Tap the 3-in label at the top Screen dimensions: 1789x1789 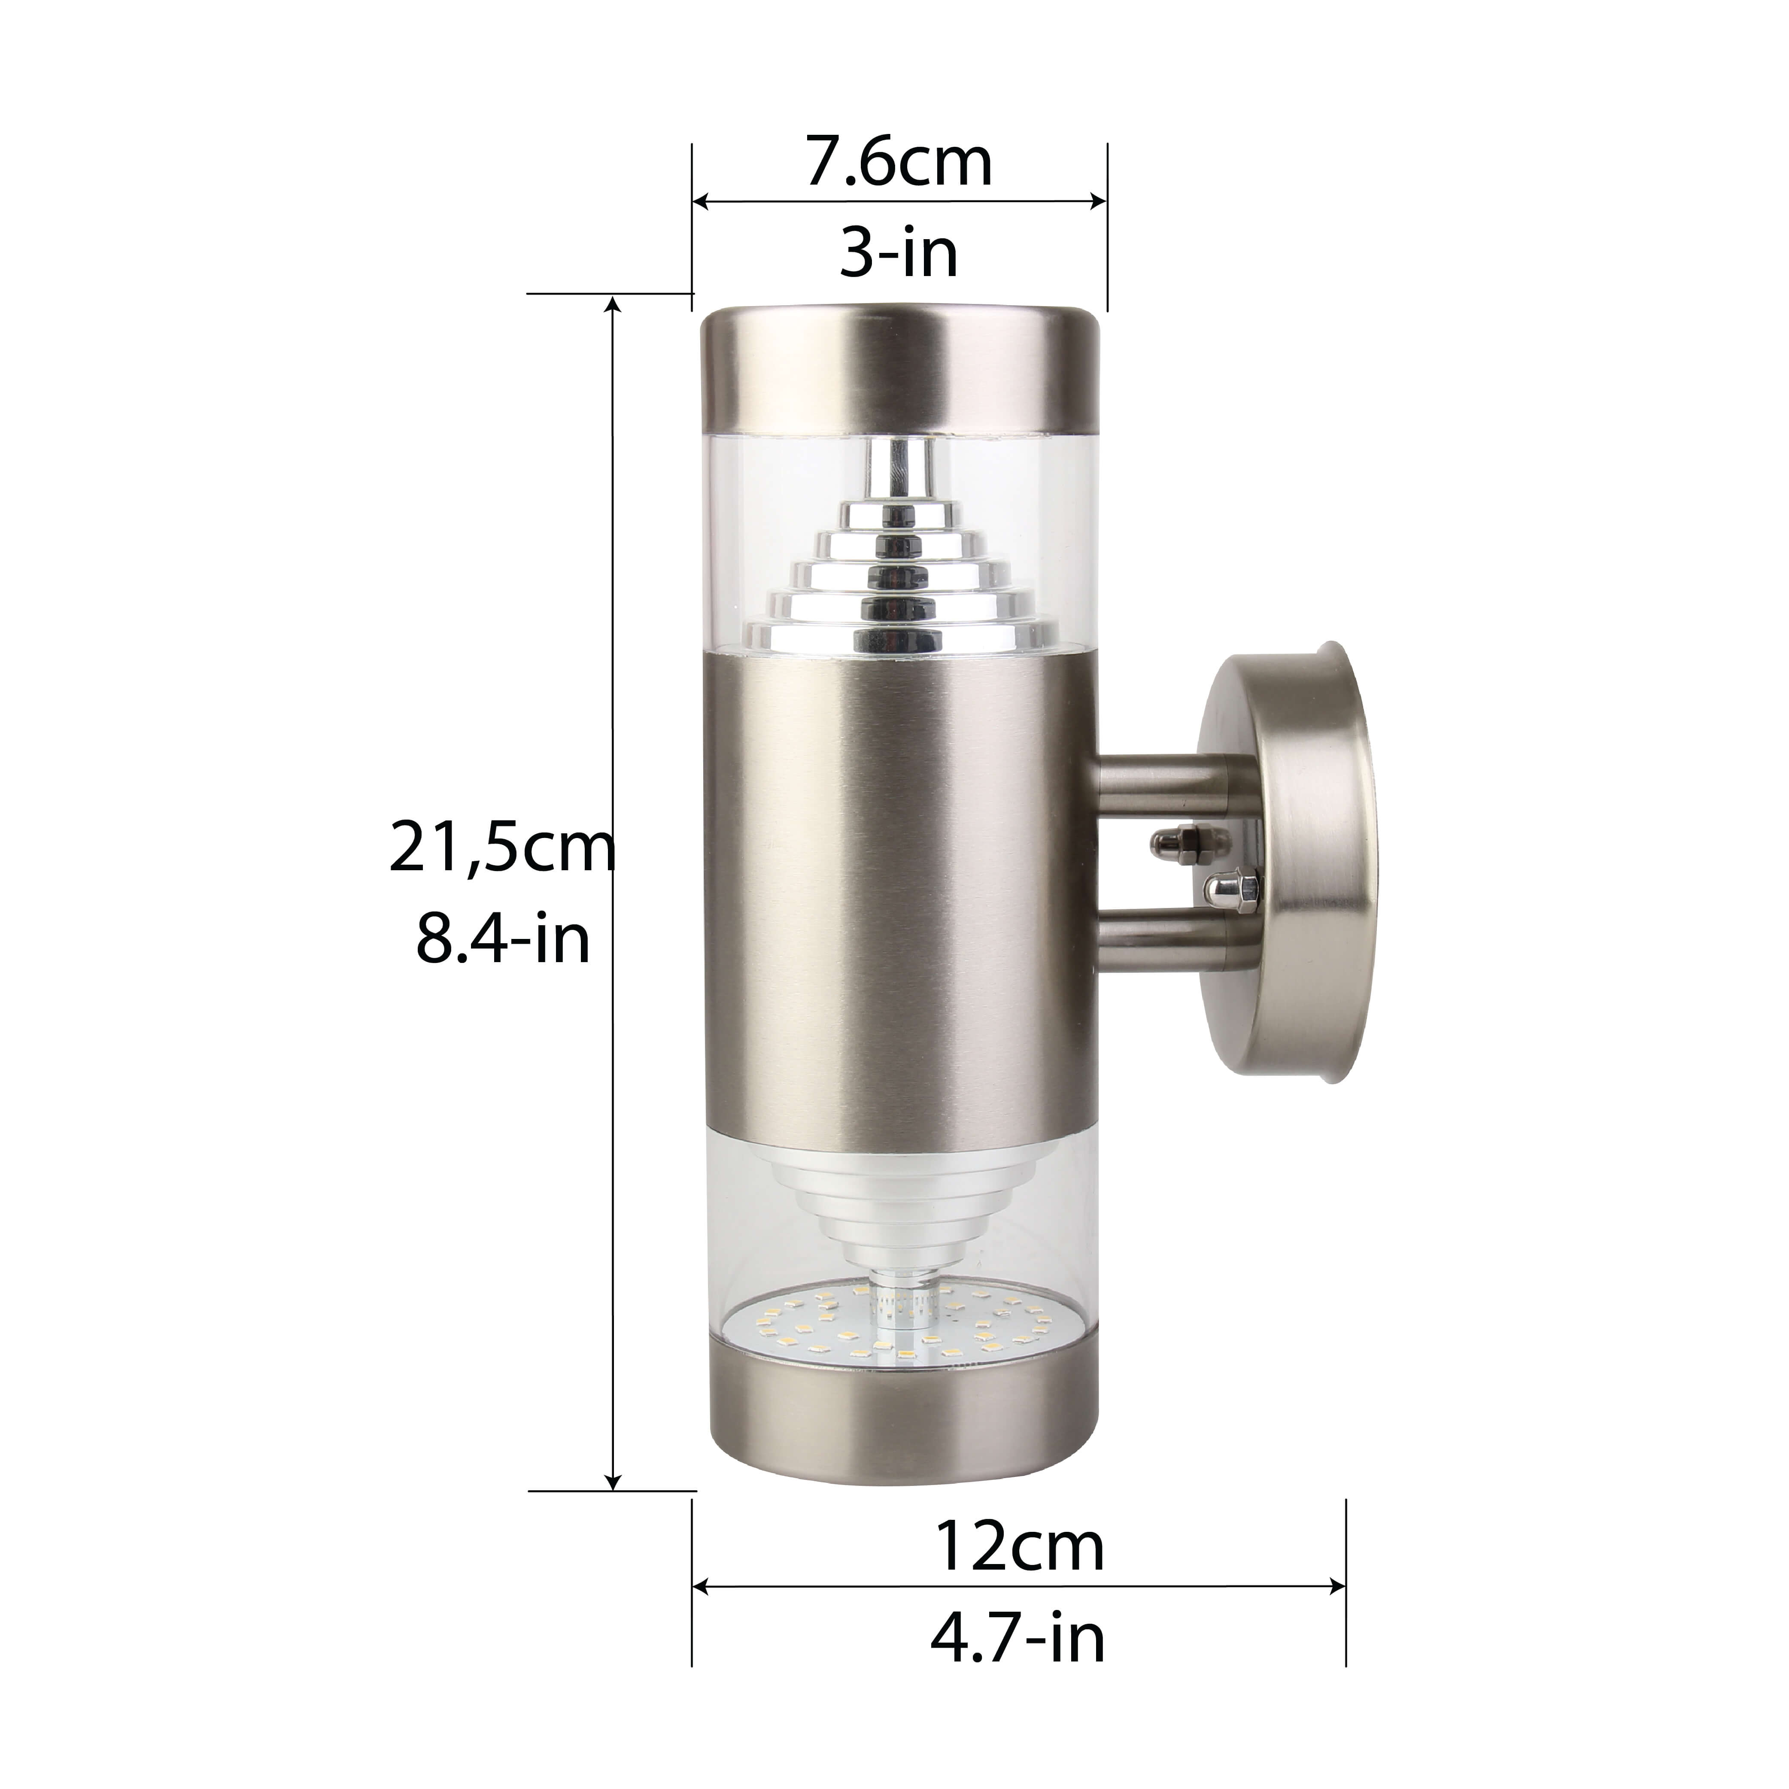[x=898, y=253]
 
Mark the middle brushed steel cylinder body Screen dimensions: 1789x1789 [x=898, y=889]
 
